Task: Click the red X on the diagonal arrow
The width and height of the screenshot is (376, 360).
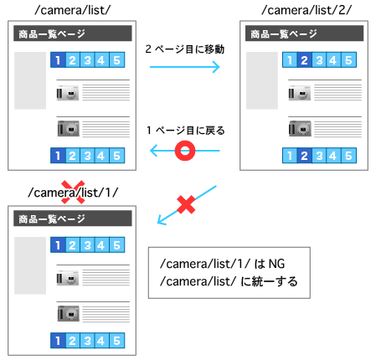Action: [186, 204]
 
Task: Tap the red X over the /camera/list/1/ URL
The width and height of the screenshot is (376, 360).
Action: [73, 192]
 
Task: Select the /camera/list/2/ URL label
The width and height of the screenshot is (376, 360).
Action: [306, 10]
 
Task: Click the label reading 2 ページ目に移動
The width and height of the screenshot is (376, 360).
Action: [185, 49]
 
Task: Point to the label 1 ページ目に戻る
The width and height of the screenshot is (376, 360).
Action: [186, 131]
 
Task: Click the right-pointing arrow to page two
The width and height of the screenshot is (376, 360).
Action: [185, 67]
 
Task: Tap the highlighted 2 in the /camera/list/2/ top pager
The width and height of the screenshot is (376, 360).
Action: [304, 60]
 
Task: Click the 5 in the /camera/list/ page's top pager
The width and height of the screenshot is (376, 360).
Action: [116, 60]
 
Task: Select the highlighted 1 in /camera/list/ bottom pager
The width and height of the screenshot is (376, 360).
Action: [58, 156]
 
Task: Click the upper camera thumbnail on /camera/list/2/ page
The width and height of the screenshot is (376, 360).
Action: [300, 93]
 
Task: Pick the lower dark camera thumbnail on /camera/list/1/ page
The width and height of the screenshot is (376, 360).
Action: [69, 314]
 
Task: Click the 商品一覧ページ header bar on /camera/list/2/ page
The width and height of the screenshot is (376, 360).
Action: [304, 33]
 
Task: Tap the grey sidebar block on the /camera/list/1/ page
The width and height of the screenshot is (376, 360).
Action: [30, 265]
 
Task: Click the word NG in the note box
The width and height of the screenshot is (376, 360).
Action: [276, 264]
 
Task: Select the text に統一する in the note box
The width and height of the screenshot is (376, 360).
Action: [269, 281]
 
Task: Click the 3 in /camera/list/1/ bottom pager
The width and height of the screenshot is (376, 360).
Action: [87, 341]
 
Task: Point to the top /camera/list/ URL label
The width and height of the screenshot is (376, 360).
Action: [73, 10]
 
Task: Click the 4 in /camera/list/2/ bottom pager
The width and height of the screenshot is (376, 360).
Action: [333, 156]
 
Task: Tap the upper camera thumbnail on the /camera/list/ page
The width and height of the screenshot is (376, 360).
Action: [68, 93]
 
